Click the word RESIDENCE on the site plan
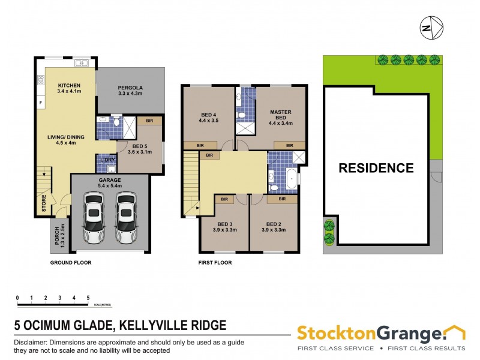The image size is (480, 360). pyautogui.click(x=376, y=168)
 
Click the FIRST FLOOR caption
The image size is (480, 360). pyautogui.click(x=215, y=262)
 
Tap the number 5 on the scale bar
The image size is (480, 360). pyautogui.click(x=88, y=298)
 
